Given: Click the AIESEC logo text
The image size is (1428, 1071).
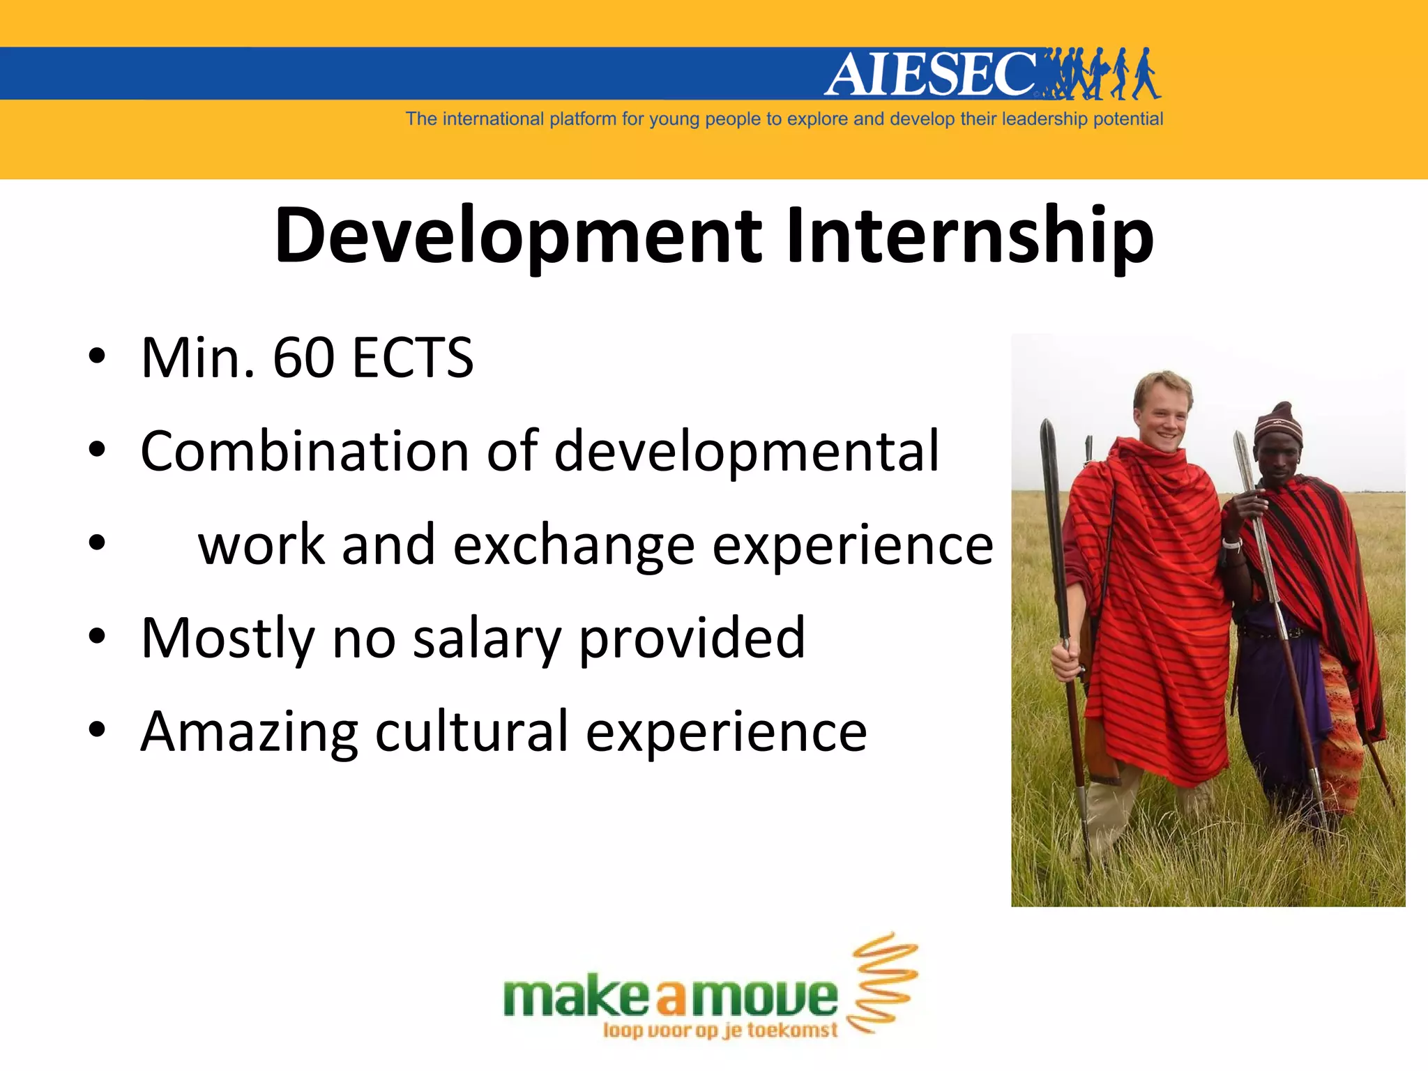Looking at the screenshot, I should click(931, 74).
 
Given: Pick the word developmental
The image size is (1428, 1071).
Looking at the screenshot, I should click(747, 451).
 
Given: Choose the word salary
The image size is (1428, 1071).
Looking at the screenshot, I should click(487, 639).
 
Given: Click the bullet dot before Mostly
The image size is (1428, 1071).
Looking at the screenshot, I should click(97, 636).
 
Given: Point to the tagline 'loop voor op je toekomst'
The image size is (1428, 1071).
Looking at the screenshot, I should click(720, 1031).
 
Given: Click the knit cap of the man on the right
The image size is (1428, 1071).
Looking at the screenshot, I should click(1277, 423).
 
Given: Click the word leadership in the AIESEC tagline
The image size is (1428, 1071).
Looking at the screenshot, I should click(1044, 119).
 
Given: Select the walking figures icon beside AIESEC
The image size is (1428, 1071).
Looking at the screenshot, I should click(1102, 73).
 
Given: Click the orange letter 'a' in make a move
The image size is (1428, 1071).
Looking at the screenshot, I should click(671, 999).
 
